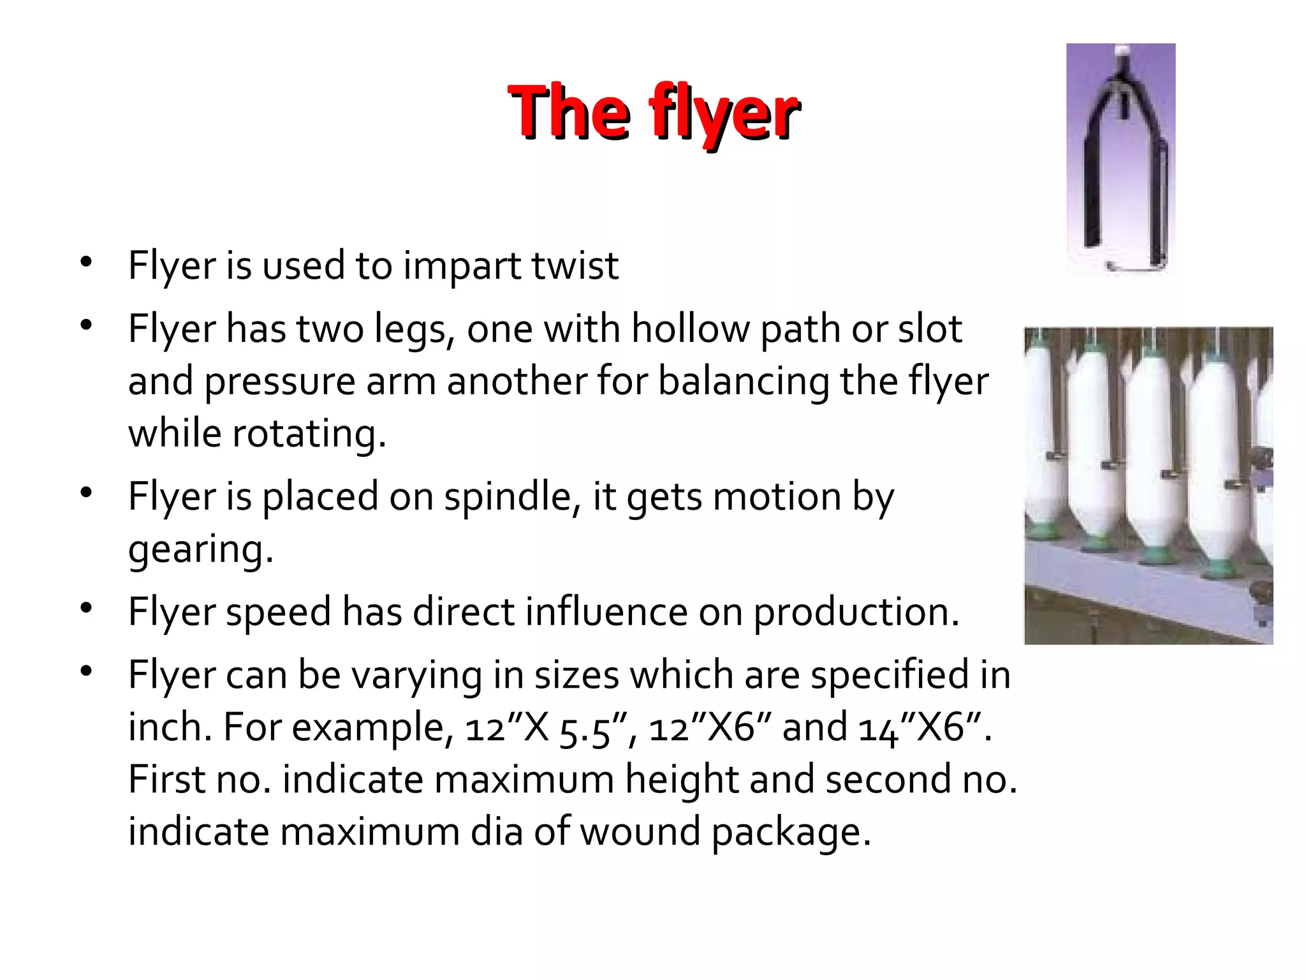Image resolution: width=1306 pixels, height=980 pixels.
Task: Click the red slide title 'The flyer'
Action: [653, 112]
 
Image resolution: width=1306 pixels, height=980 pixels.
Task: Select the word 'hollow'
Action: [691, 329]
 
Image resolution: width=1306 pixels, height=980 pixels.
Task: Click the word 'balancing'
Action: [744, 382]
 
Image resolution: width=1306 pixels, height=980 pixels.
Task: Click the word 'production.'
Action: [856, 613]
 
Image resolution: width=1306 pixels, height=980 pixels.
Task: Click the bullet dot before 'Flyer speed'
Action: [87, 608]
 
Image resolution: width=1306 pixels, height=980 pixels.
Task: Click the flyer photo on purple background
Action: [1120, 159]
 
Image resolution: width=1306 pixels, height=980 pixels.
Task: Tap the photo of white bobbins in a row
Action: [1148, 486]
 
